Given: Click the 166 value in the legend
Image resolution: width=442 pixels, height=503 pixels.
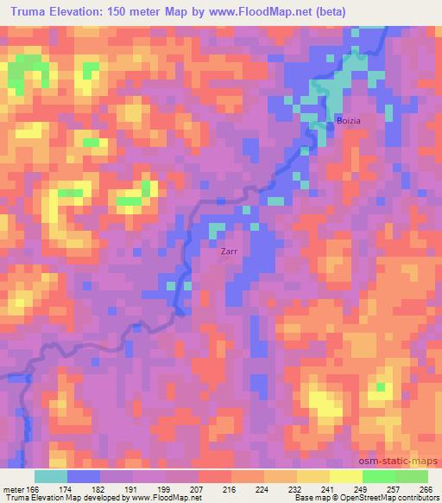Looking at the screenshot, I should click(x=34, y=488).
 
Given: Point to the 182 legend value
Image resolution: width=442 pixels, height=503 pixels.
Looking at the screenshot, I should click(x=100, y=488).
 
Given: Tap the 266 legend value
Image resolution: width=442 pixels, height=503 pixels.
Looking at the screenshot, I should click(x=425, y=488).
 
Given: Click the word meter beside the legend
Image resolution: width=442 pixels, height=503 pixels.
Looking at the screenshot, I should click(x=12, y=488).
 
